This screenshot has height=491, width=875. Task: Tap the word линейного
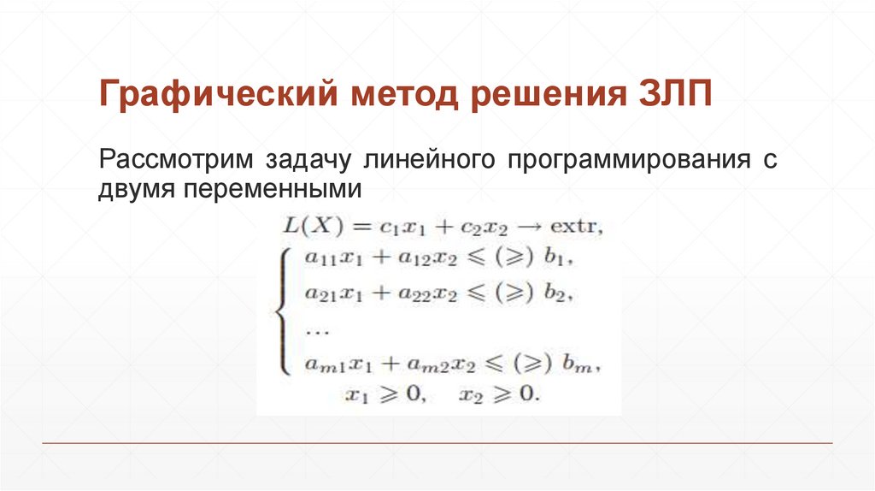tap(425, 160)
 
